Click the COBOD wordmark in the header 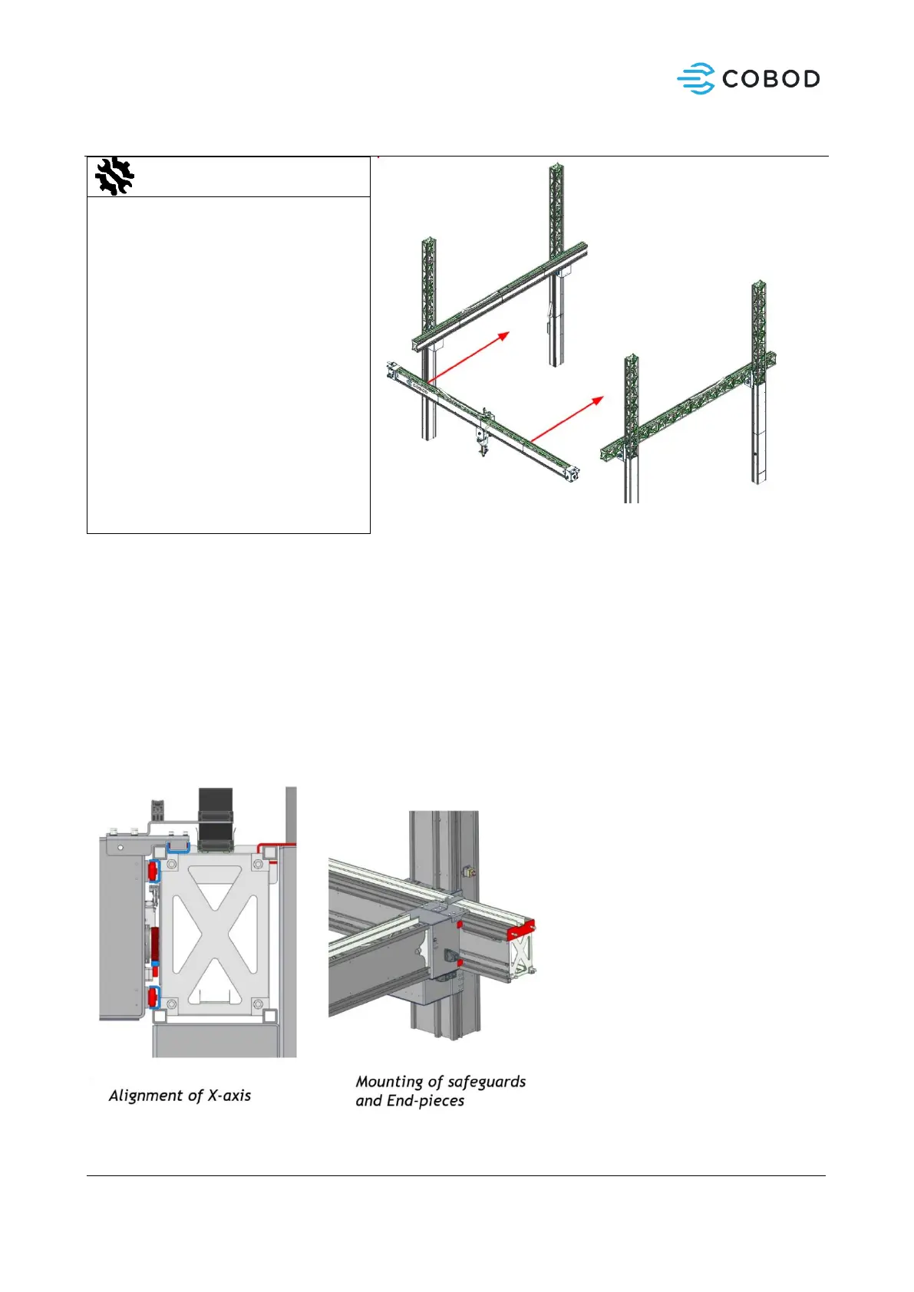click(x=770, y=79)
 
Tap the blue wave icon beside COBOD click(x=695, y=79)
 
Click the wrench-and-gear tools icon click(x=114, y=176)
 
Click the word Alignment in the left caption click(x=147, y=1096)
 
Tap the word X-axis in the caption click(x=229, y=1096)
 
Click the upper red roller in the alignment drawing click(x=152, y=871)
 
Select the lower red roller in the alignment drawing click(x=152, y=997)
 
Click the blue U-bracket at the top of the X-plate click(x=178, y=848)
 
